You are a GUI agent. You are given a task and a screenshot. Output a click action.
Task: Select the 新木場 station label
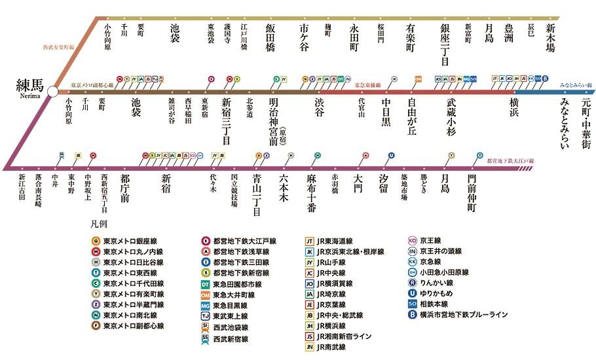pos(551,37)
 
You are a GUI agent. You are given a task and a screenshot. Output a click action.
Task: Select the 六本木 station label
pos(284,185)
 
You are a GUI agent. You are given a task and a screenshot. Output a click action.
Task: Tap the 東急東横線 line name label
pos(368,85)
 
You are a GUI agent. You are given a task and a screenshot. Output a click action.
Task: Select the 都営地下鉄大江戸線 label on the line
pos(510,160)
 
